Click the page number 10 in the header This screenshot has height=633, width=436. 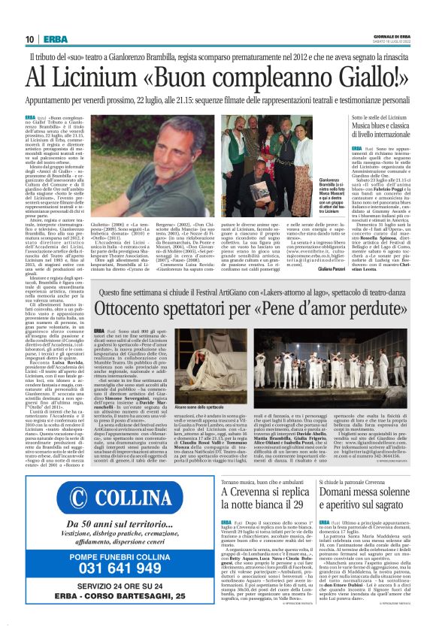coord(29,39)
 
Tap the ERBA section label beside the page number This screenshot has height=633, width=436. coord(55,39)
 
